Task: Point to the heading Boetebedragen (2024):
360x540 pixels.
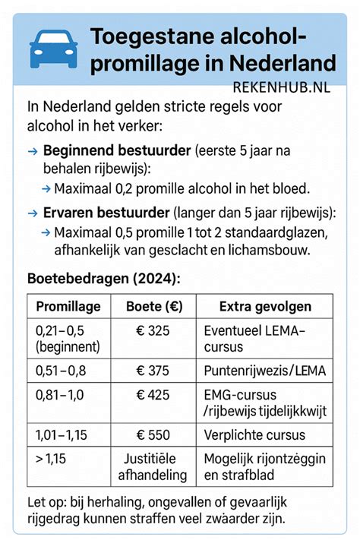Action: [103, 278]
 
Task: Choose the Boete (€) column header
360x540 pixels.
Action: [150, 306]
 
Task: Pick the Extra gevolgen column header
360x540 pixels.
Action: [259, 306]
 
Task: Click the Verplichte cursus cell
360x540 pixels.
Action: [254, 435]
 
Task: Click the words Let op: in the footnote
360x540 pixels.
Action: [46, 502]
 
